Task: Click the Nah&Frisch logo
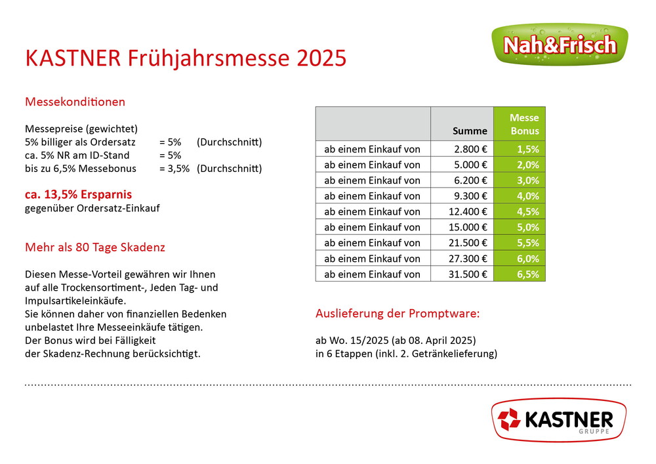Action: (x=560, y=44)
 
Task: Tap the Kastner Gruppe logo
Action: (x=559, y=419)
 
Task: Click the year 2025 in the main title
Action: (x=321, y=58)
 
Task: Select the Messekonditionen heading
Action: (x=75, y=102)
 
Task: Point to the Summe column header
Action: (x=470, y=131)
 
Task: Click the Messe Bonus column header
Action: (x=524, y=124)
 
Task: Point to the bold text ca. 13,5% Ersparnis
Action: (x=78, y=194)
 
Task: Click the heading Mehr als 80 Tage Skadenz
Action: (x=95, y=247)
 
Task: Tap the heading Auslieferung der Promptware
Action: (x=398, y=313)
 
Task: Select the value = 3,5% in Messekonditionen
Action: (x=174, y=169)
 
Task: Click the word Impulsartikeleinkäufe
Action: (x=75, y=301)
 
